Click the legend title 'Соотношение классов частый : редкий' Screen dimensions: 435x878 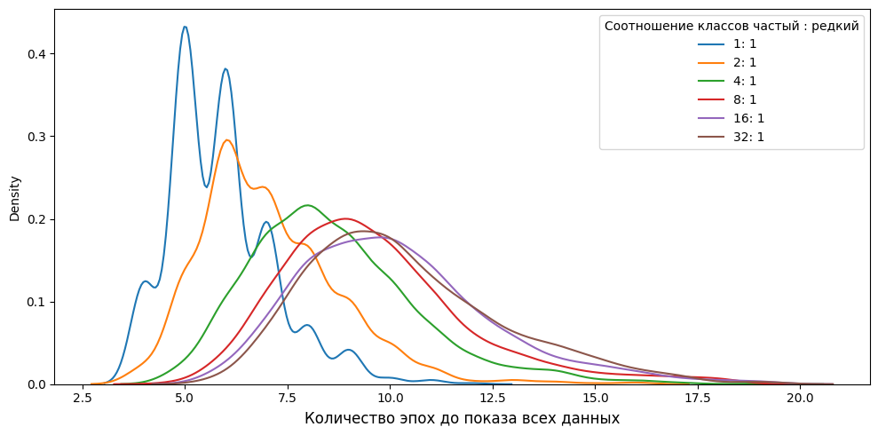(x=732, y=26)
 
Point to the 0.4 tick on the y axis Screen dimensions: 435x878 (x=38, y=53)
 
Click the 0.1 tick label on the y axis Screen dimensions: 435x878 (x=38, y=302)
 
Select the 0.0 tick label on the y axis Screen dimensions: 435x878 (x=38, y=384)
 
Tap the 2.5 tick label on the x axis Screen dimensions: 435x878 (x=83, y=399)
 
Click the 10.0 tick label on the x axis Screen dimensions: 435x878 (x=390, y=399)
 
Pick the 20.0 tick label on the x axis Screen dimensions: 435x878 (x=800, y=399)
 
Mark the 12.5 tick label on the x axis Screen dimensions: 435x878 (x=492, y=399)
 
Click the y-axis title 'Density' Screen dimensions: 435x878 (x=14, y=197)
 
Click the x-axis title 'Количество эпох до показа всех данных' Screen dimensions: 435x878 (x=462, y=418)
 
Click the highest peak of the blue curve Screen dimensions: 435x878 (x=185, y=27)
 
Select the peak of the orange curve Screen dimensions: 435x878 (x=227, y=139)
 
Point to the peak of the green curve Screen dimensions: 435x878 (x=308, y=205)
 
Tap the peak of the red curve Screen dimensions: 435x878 (x=345, y=218)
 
